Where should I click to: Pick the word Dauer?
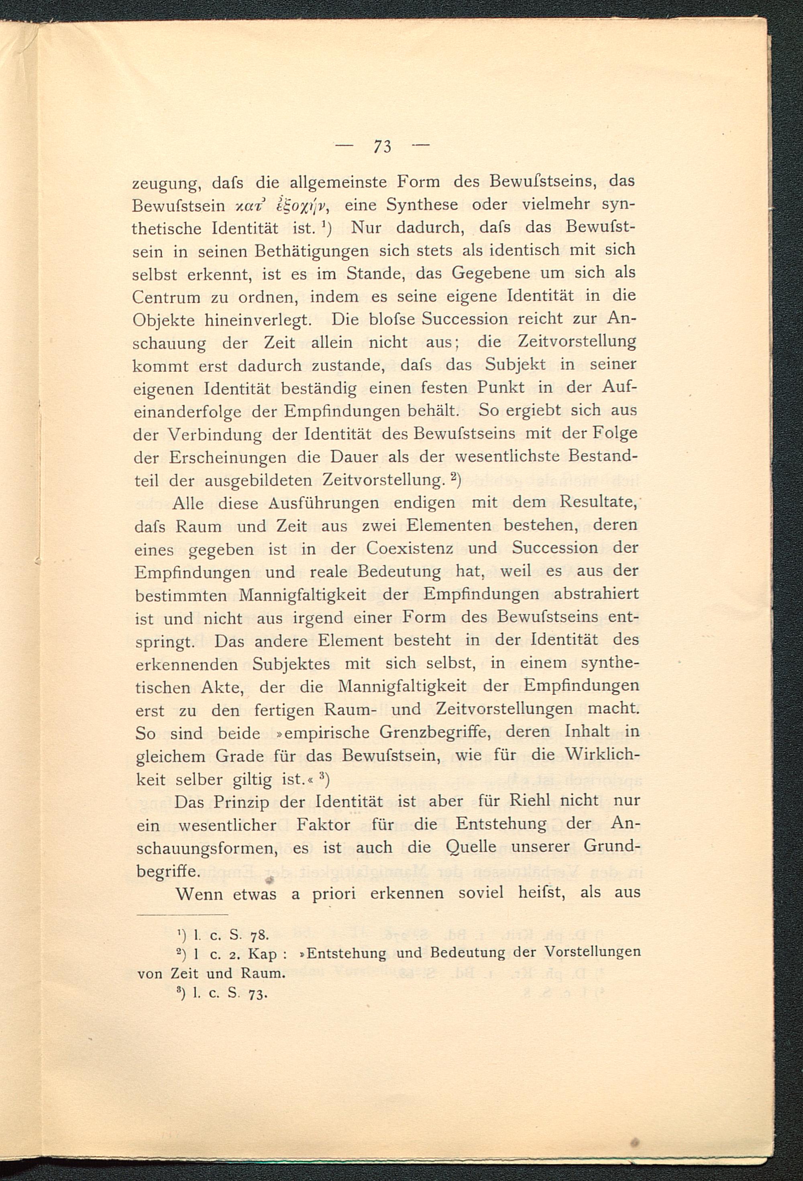pos(354,457)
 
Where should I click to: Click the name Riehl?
pos(530,801)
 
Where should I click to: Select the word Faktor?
pos(323,824)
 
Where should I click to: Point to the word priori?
pos(334,894)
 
